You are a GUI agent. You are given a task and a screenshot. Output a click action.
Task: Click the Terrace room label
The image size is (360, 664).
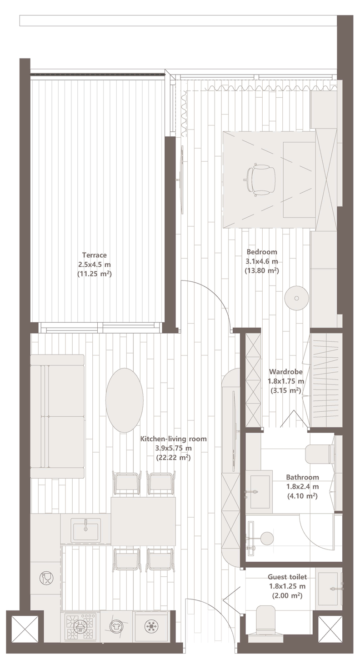94,255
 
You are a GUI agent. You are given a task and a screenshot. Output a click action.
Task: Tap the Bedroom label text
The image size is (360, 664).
262,252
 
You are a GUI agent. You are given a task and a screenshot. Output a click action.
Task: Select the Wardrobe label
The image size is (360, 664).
286,371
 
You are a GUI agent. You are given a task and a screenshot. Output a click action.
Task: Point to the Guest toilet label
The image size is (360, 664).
287,577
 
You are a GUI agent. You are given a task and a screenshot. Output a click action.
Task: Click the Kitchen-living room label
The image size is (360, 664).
174,439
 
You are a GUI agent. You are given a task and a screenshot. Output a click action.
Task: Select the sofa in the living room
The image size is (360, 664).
57,416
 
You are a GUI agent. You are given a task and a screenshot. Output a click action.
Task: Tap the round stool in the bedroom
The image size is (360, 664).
296,298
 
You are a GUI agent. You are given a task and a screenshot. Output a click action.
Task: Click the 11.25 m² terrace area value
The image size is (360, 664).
94,274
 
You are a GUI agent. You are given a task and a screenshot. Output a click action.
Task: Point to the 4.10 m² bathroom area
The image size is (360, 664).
302,496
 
